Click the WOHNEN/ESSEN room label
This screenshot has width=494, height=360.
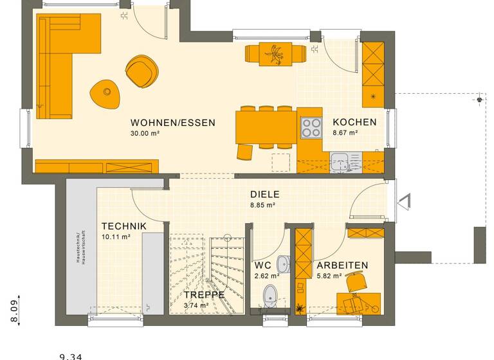pyautogui.click(x=172, y=123)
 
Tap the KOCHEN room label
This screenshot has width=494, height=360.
pyautogui.click(x=354, y=122)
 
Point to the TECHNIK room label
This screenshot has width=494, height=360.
pyautogui.click(x=124, y=226)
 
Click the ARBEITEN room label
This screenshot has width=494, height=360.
pyautogui.click(x=342, y=265)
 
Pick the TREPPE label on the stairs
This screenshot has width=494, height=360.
pyautogui.click(x=204, y=294)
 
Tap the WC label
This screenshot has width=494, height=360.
pyautogui.click(x=262, y=265)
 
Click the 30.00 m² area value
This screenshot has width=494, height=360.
pyautogui.click(x=145, y=134)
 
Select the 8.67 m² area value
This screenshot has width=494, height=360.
pyautogui.click(x=345, y=133)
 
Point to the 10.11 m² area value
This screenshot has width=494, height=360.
pyautogui.click(x=116, y=237)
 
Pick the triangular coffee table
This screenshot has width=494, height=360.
pyautogui.click(x=105, y=94)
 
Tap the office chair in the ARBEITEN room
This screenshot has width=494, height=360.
pyautogui.click(x=354, y=281)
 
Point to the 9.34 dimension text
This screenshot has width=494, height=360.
pyautogui.click(x=71, y=355)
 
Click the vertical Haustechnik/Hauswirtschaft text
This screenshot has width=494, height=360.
pyautogui.click(x=77, y=247)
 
